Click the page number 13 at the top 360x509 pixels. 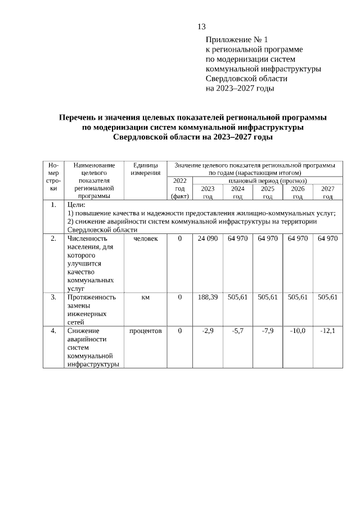click(x=202, y=26)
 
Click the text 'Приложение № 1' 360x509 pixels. click(x=237, y=40)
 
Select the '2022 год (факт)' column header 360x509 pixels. click(x=179, y=188)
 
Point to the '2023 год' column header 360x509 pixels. click(x=208, y=192)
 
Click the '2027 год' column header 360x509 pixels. click(x=327, y=192)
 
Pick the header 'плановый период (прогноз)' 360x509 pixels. click(x=267, y=181)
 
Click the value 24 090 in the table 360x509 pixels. click(x=208, y=239)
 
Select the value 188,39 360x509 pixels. click(x=208, y=297)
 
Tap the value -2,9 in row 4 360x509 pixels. click(x=208, y=331)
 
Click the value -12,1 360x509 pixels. click(x=327, y=331)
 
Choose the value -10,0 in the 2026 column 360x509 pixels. click(x=298, y=331)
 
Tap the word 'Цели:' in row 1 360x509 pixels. click(x=76, y=205)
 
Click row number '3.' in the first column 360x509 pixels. click(x=53, y=297)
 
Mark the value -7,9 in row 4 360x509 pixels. click(x=268, y=331)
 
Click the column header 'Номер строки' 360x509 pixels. click(x=53, y=181)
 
